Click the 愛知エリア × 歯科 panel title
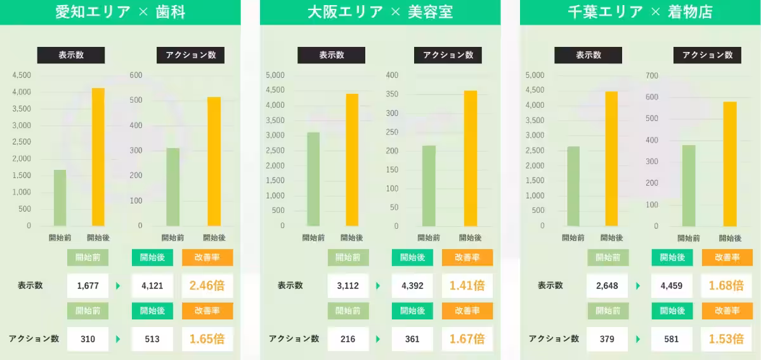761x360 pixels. (120, 12)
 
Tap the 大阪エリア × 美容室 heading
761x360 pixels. (380, 12)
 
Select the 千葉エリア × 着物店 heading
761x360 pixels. (640, 12)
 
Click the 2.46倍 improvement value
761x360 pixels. (207, 286)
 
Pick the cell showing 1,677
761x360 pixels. (88, 286)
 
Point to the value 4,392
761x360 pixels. (412, 286)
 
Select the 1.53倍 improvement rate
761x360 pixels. (726, 339)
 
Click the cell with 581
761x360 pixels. (671, 339)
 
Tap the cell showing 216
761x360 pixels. (348, 339)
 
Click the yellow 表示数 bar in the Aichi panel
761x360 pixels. (98, 157)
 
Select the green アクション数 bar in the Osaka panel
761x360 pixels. (429, 186)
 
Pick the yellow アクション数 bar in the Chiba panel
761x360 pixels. (730, 164)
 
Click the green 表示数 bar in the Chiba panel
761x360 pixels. (573, 186)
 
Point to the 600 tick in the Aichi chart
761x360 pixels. (136, 75)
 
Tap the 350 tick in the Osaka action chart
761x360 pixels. (392, 94)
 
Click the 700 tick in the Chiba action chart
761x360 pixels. (652, 75)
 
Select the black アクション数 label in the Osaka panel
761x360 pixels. (448, 55)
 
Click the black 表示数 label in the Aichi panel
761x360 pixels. (71, 55)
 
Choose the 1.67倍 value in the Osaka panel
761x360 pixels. (467, 339)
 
